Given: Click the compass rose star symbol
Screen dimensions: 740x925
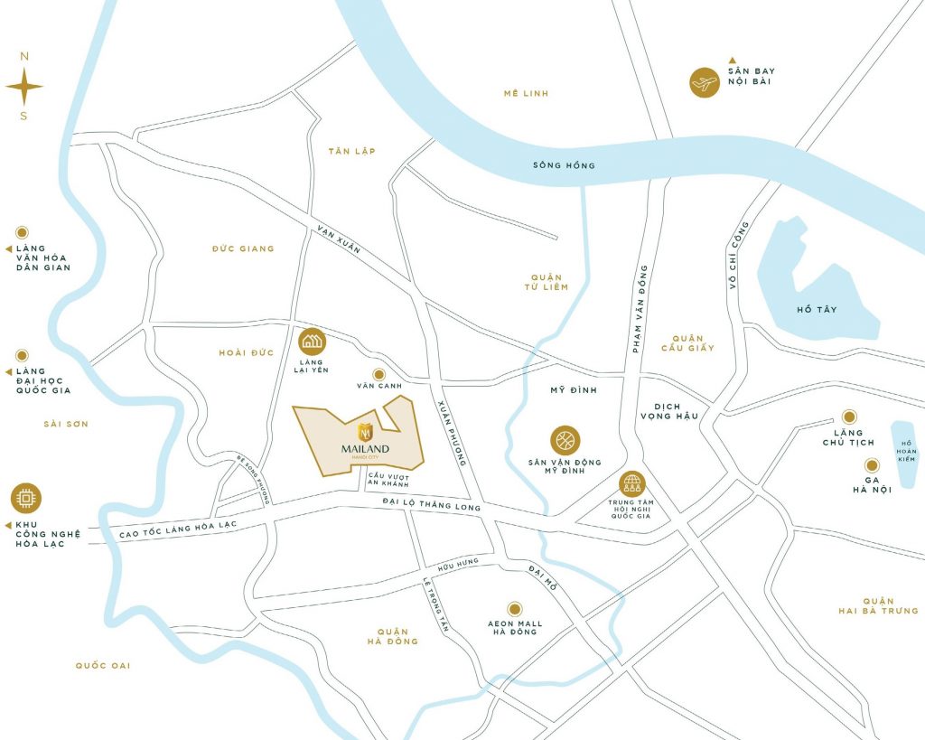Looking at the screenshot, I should point(24,87).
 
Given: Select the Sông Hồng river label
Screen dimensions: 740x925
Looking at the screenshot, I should point(564,165).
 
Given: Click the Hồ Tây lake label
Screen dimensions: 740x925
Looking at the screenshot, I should point(817,310).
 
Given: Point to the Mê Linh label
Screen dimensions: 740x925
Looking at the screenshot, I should point(527,94).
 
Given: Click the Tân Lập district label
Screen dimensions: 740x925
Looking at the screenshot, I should point(352,151).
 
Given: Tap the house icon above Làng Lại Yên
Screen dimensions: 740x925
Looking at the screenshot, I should point(313,342).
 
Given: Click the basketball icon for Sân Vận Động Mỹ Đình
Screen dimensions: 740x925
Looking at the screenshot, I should point(565,441).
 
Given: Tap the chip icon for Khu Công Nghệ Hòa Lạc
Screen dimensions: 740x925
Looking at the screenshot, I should point(26,498).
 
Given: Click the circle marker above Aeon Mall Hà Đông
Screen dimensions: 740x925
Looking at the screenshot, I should point(514,608).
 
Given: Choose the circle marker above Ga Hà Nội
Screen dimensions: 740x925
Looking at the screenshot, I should point(872,464).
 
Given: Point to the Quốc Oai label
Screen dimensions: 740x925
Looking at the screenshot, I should point(103,666).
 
